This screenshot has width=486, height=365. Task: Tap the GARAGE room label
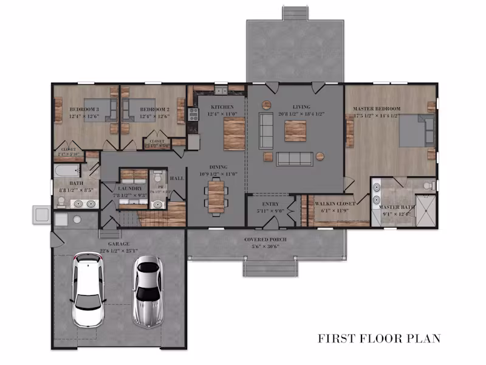click(118, 244)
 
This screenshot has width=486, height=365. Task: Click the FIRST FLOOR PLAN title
click(380, 338)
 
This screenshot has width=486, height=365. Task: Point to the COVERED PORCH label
click(265, 240)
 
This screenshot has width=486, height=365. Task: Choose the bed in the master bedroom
click(416, 131)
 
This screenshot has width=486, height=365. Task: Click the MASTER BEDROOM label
click(377, 109)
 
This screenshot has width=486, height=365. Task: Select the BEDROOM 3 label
click(84, 109)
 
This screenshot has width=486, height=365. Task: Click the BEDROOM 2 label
click(154, 109)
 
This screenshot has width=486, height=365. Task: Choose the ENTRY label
click(270, 204)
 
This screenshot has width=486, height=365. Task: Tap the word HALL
click(177, 178)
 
